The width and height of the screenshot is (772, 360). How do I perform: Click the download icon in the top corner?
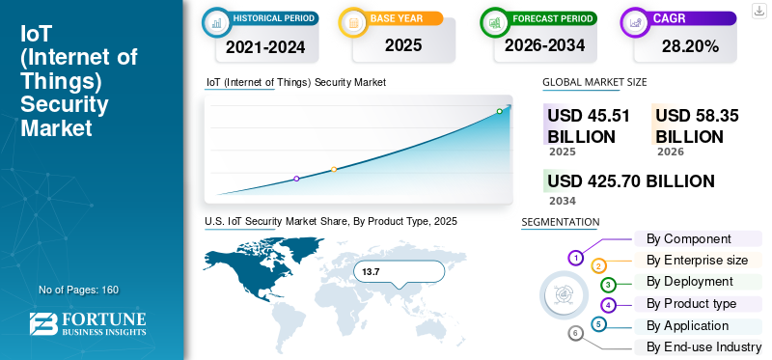tap(758, 10)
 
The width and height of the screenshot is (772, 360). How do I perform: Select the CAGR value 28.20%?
tap(690, 46)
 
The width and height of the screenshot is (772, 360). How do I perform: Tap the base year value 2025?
tap(403, 45)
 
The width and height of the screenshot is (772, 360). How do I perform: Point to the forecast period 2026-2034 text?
tap(544, 45)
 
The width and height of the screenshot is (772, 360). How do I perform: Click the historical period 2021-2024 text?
tap(266, 46)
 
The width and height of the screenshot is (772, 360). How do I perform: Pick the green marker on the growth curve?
tap(499, 111)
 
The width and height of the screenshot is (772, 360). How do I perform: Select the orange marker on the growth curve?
tap(334, 170)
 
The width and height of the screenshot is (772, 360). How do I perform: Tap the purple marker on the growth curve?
tap(296, 179)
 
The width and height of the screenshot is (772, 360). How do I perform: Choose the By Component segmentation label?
tap(689, 239)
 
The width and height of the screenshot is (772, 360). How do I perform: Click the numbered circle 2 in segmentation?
tap(598, 266)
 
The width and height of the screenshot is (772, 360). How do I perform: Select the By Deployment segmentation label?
tap(690, 282)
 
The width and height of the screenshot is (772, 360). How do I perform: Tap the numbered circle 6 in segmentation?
tap(575, 333)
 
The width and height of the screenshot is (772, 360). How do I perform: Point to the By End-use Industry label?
tap(704, 347)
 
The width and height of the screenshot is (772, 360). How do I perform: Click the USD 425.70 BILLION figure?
tap(631, 181)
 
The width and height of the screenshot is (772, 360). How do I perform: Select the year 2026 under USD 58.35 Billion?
tap(670, 152)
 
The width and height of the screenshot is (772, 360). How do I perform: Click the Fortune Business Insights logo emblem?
tap(43, 324)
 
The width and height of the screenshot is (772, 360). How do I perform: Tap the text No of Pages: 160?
tap(79, 290)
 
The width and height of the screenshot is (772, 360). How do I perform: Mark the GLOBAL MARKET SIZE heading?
tap(594, 82)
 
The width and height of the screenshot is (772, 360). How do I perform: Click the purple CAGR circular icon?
tap(635, 22)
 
